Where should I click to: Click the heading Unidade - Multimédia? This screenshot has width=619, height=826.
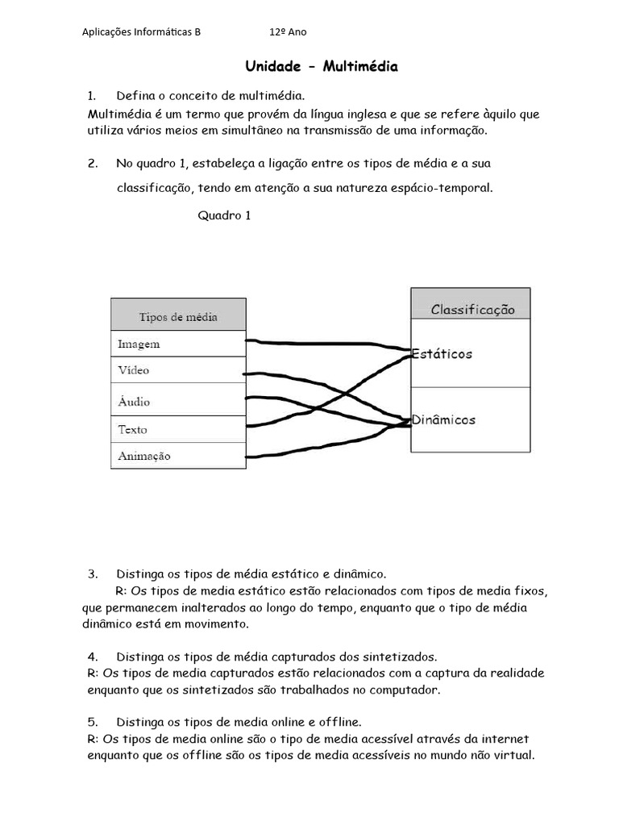pos(322,67)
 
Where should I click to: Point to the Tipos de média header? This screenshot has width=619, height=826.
pos(178,316)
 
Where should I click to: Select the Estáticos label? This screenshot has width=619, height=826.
pos(443,354)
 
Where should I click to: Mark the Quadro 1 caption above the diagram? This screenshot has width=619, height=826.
pos(224,215)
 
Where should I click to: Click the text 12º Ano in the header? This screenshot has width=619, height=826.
pos(288,32)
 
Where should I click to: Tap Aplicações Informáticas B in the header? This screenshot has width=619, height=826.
pos(142,32)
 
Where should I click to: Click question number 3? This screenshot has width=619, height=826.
pos(92,574)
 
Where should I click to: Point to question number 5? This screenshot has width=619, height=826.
pos(92,720)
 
